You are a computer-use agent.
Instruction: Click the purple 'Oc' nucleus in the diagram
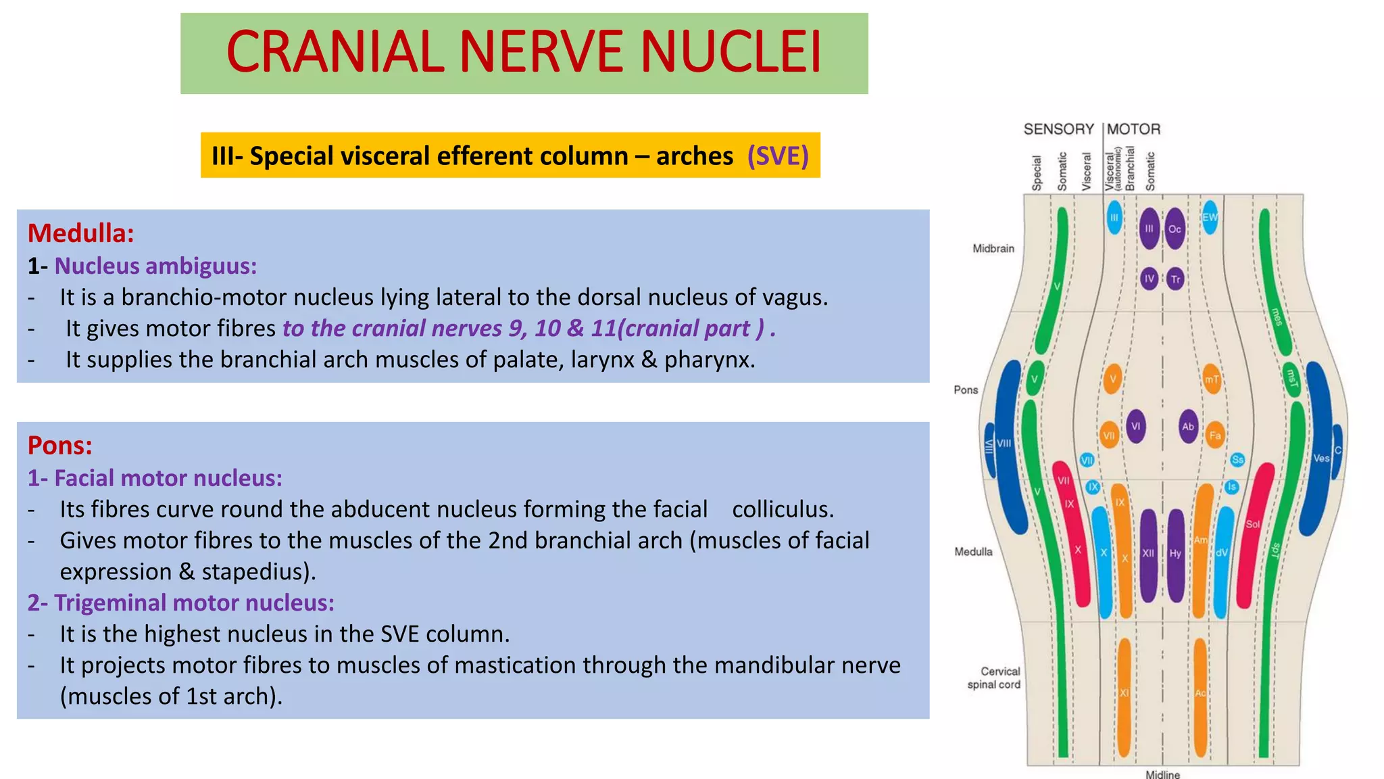pos(1175,229)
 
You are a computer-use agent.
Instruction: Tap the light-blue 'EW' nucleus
pos(1210,217)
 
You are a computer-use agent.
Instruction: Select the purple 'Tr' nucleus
pos(1176,279)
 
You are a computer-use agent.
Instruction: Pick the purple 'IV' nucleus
pos(1150,279)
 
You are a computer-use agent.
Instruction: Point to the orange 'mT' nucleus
pos(1212,379)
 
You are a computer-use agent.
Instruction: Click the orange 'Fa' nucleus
pos(1215,435)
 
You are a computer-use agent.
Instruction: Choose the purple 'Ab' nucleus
pos(1188,427)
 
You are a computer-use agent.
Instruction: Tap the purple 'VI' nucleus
pos(1136,427)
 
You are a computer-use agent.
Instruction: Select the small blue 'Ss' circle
pos(1237,460)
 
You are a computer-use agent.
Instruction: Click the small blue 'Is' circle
pos(1232,487)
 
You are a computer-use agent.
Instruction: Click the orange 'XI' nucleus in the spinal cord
pos(1124,697)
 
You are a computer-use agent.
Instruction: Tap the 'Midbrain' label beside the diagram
pos(993,249)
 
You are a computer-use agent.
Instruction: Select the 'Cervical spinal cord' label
pos(994,678)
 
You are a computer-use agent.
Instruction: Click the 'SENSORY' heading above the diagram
pos(1059,129)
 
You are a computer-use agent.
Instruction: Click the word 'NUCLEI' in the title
pos(731,52)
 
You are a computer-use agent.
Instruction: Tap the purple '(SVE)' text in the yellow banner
pos(778,156)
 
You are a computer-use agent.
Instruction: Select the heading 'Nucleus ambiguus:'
pos(155,266)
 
